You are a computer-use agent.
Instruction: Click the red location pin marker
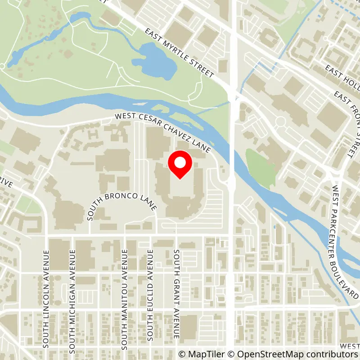coord(180,165)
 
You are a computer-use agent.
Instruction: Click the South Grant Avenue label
coord(177,294)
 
